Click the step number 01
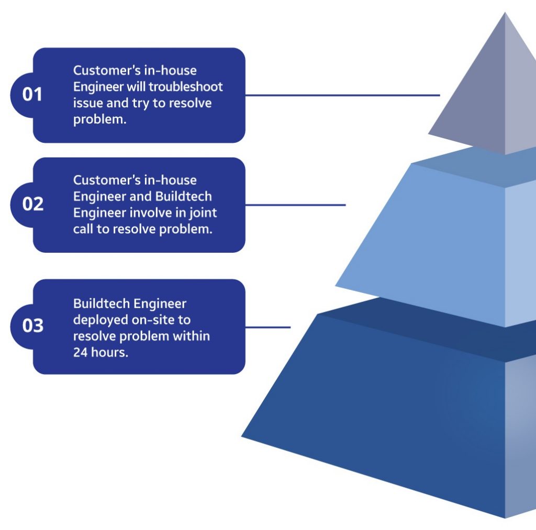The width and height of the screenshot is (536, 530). click(32, 95)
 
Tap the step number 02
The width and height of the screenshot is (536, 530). click(32, 204)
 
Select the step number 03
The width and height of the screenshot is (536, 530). click(32, 326)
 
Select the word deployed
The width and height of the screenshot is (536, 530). click(96, 320)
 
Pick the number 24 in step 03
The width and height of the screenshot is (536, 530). click(80, 352)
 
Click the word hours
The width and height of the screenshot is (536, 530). click(108, 352)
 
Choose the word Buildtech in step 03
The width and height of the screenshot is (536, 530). click(101, 303)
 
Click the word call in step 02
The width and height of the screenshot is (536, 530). click(83, 229)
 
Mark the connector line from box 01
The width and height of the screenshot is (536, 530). click(342, 95)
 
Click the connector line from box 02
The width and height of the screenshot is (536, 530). click(295, 205)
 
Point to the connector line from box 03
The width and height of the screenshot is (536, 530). click(267, 328)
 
